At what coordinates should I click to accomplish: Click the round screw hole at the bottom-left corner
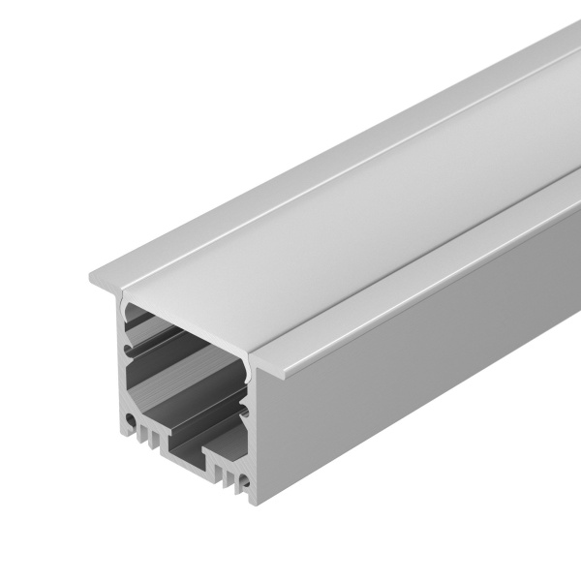click(x=129, y=421)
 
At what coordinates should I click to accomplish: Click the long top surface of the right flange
click(x=436, y=271)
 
